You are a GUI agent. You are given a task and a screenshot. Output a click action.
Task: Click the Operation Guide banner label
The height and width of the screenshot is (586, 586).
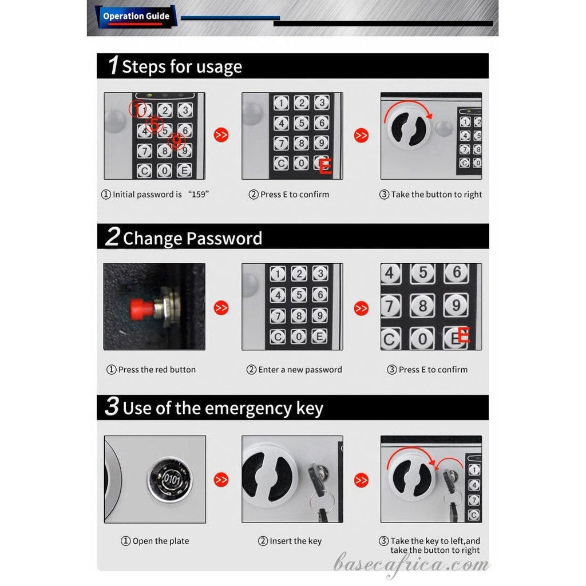(136, 16)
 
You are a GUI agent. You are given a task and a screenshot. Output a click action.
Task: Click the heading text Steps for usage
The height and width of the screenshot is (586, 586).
(182, 67)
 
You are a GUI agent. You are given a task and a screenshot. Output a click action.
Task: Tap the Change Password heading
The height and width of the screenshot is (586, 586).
(192, 238)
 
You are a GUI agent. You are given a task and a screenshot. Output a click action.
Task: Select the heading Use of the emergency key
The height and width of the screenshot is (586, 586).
(223, 408)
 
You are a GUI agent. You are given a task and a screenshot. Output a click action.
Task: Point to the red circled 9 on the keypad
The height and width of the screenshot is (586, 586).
(177, 141)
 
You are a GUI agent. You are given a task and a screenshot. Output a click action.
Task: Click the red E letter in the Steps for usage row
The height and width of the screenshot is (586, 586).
(325, 167)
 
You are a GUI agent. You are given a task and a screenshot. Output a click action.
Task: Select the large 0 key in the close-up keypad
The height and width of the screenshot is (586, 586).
(422, 339)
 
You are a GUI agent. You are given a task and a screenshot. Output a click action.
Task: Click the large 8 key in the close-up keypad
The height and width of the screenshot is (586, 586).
(422, 306)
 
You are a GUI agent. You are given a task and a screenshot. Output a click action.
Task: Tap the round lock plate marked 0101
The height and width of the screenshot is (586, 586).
(169, 479)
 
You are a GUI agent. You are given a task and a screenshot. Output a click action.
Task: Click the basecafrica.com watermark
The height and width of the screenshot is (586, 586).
(412, 565)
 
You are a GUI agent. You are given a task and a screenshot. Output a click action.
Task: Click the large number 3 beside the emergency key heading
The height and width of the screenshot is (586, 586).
(112, 407)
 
